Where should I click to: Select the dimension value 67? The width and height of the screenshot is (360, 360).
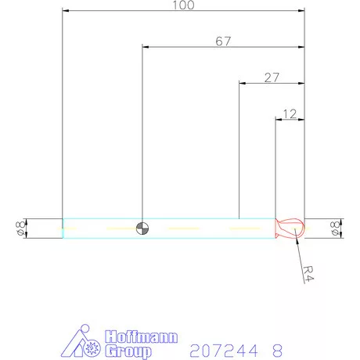pyautogui.click(x=223, y=41)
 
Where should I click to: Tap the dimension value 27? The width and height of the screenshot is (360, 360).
pyautogui.click(x=272, y=77)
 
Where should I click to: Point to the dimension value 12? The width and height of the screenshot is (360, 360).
pyautogui.click(x=289, y=113)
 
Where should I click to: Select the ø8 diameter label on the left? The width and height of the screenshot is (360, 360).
pyautogui.click(x=19, y=229)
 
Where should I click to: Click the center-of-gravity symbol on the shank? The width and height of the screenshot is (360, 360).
pyautogui.click(x=142, y=228)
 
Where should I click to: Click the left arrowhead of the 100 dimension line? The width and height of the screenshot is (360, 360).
pyautogui.click(x=66, y=12)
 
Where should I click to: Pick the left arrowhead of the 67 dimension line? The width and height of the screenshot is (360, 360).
pyautogui.click(x=146, y=47)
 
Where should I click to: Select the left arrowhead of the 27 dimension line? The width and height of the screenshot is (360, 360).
pyautogui.click(x=242, y=83)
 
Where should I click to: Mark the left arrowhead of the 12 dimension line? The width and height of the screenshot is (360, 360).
pyautogui.click(x=278, y=119)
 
